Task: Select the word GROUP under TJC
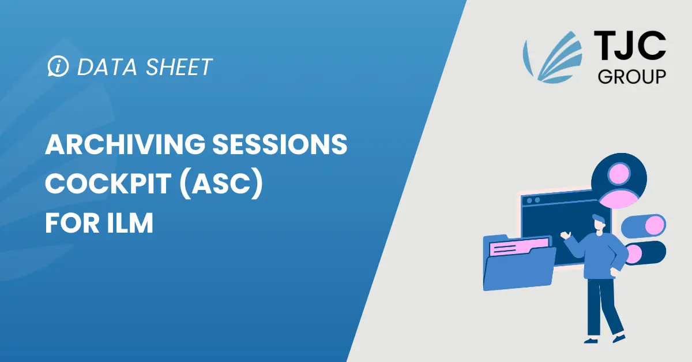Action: coord(632,76)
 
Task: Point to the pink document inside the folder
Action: coord(517,247)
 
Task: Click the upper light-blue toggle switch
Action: coord(642,226)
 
